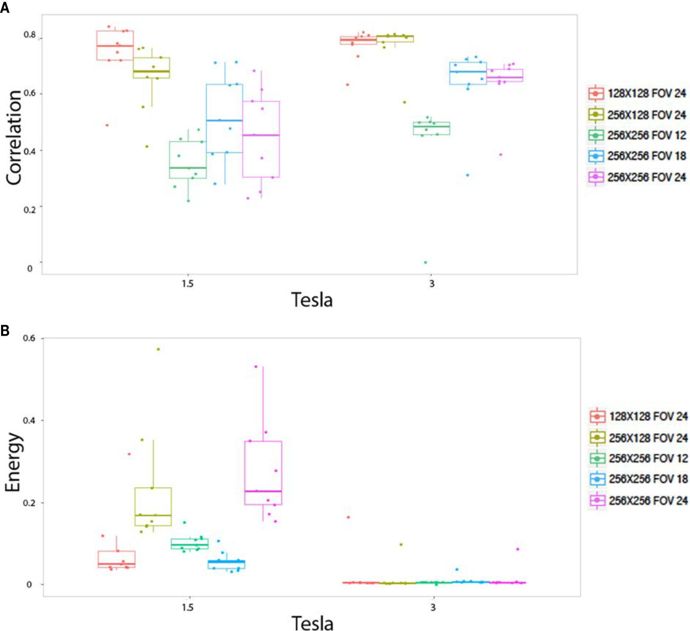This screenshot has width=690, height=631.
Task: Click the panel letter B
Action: (x=5, y=330)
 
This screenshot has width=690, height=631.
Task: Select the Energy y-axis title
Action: (x=14, y=462)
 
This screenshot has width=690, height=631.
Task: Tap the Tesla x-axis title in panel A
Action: (x=312, y=300)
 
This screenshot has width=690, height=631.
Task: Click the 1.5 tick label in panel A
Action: (x=187, y=284)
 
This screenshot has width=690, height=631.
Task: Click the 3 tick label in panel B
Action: (x=433, y=607)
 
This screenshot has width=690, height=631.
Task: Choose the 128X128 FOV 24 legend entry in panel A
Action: (x=637, y=94)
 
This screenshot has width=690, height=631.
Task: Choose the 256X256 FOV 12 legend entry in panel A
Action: (x=637, y=136)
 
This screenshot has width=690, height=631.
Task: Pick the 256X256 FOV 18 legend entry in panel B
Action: (x=639, y=479)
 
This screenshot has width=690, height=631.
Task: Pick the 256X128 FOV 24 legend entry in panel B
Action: (x=639, y=438)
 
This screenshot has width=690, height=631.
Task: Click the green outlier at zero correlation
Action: (x=426, y=262)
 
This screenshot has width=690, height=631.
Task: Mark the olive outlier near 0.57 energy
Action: (x=158, y=349)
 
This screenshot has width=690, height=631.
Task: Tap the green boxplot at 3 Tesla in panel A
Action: (x=432, y=128)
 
